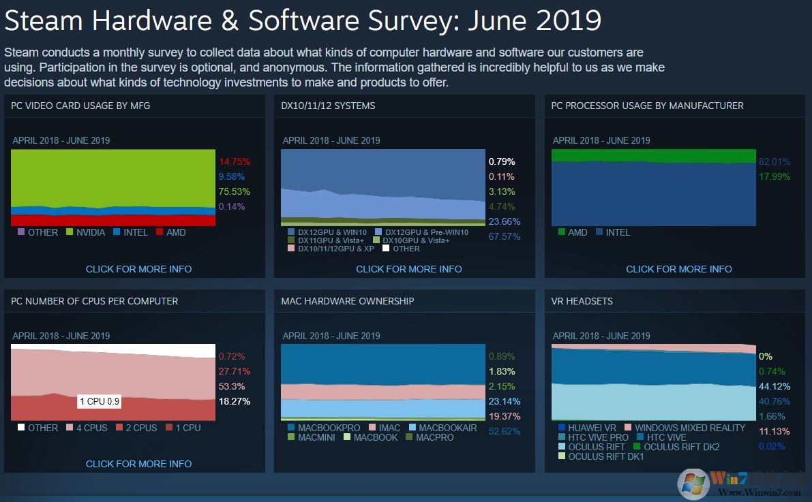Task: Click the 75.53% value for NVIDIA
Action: [x=234, y=191]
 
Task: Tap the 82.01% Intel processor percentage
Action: [x=774, y=161]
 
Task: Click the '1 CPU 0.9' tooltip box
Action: [x=100, y=401]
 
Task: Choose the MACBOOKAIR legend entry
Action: [x=442, y=428]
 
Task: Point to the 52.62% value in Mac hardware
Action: [x=504, y=431]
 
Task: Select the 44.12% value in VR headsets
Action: [x=774, y=386]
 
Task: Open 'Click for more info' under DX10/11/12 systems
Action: [x=408, y=269]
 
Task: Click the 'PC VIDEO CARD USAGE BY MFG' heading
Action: [x=80, y=106]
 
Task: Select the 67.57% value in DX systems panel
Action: [x=504, y=236]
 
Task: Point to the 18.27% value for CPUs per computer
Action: [x=234, y=401]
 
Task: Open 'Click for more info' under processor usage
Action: [x=678, y=269]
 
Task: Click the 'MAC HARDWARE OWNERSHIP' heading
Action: [x=347, y=301]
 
